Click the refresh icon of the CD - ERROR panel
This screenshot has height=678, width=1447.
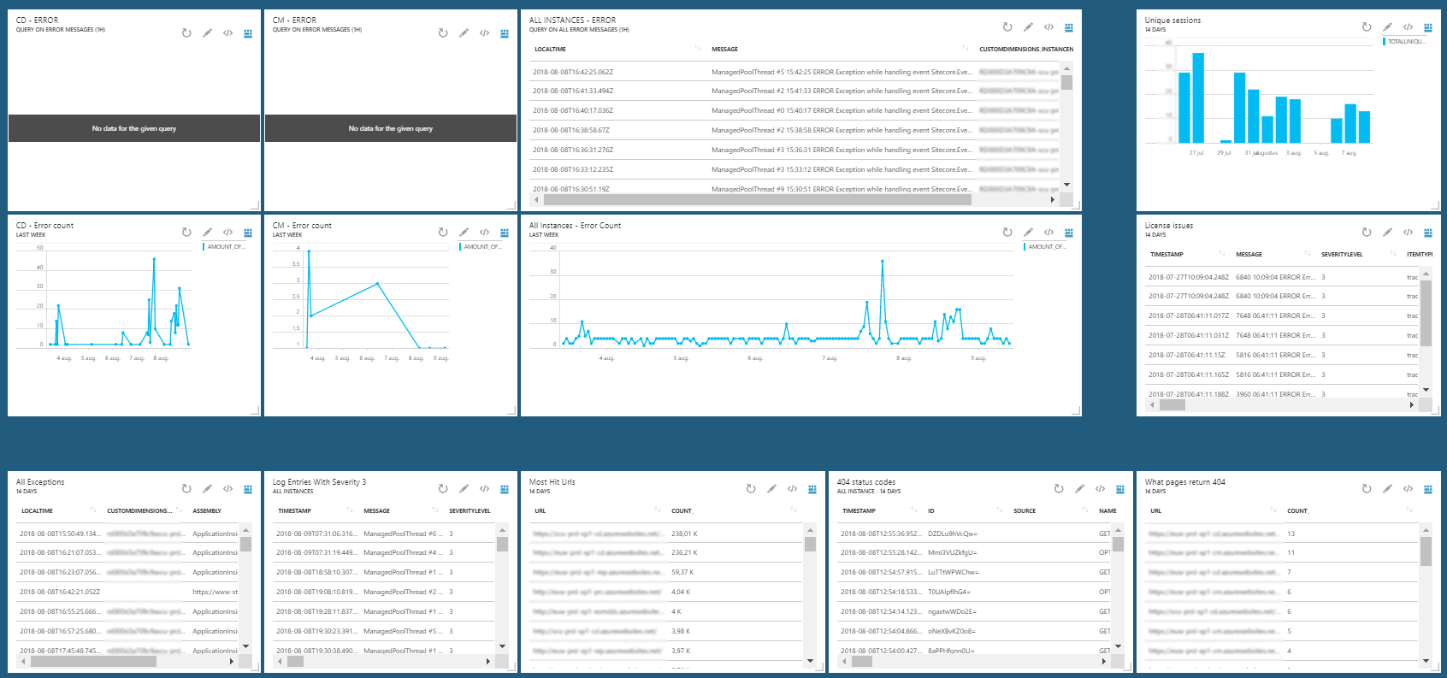pos(186,33)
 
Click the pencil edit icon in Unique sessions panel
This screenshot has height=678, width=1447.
pos(1387,27)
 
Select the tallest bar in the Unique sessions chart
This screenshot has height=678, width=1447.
pos(1198,97)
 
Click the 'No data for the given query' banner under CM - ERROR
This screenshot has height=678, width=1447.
pos(391,128)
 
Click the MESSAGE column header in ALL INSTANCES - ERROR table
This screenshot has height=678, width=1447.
pos(724,50)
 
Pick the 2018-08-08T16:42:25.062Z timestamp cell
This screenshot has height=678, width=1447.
pos(572,72)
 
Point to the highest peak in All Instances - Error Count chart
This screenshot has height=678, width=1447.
pos(882,261)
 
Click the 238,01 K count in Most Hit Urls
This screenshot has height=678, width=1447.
pos(684,534)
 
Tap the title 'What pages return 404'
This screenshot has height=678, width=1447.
pos(1184,482)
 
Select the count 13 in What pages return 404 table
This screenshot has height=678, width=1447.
pos(1290,534)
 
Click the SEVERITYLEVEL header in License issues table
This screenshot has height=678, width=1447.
pos(1342,255)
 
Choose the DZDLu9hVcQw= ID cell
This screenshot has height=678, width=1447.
pos(952,534)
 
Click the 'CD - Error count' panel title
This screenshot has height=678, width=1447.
pos(44,226)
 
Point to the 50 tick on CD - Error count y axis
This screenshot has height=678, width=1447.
pos(39,248)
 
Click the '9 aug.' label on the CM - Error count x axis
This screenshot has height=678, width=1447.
pos(440,358)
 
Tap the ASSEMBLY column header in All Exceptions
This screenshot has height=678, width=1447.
pos(207,511)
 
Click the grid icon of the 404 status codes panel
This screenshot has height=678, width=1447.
pos(1120,489)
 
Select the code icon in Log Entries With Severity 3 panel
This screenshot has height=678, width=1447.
pos(484,489)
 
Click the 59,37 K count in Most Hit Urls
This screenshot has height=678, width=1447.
pos(684,572)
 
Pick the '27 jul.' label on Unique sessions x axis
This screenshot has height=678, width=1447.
pos(1196,153)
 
